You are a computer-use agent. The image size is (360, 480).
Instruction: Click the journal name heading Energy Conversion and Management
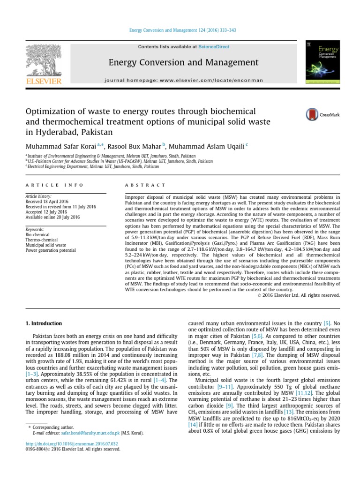coord(183,62)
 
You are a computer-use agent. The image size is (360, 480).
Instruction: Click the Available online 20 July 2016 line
coord(52,217)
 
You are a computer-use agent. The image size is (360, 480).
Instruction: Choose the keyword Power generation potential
coord(51,250)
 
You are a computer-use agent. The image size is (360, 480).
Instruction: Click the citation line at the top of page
coord(182,30)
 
